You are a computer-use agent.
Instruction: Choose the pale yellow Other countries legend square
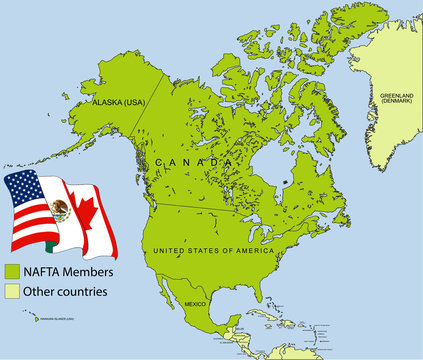tap(13, 292)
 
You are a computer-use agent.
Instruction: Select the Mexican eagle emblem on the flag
tap(61, 211)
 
